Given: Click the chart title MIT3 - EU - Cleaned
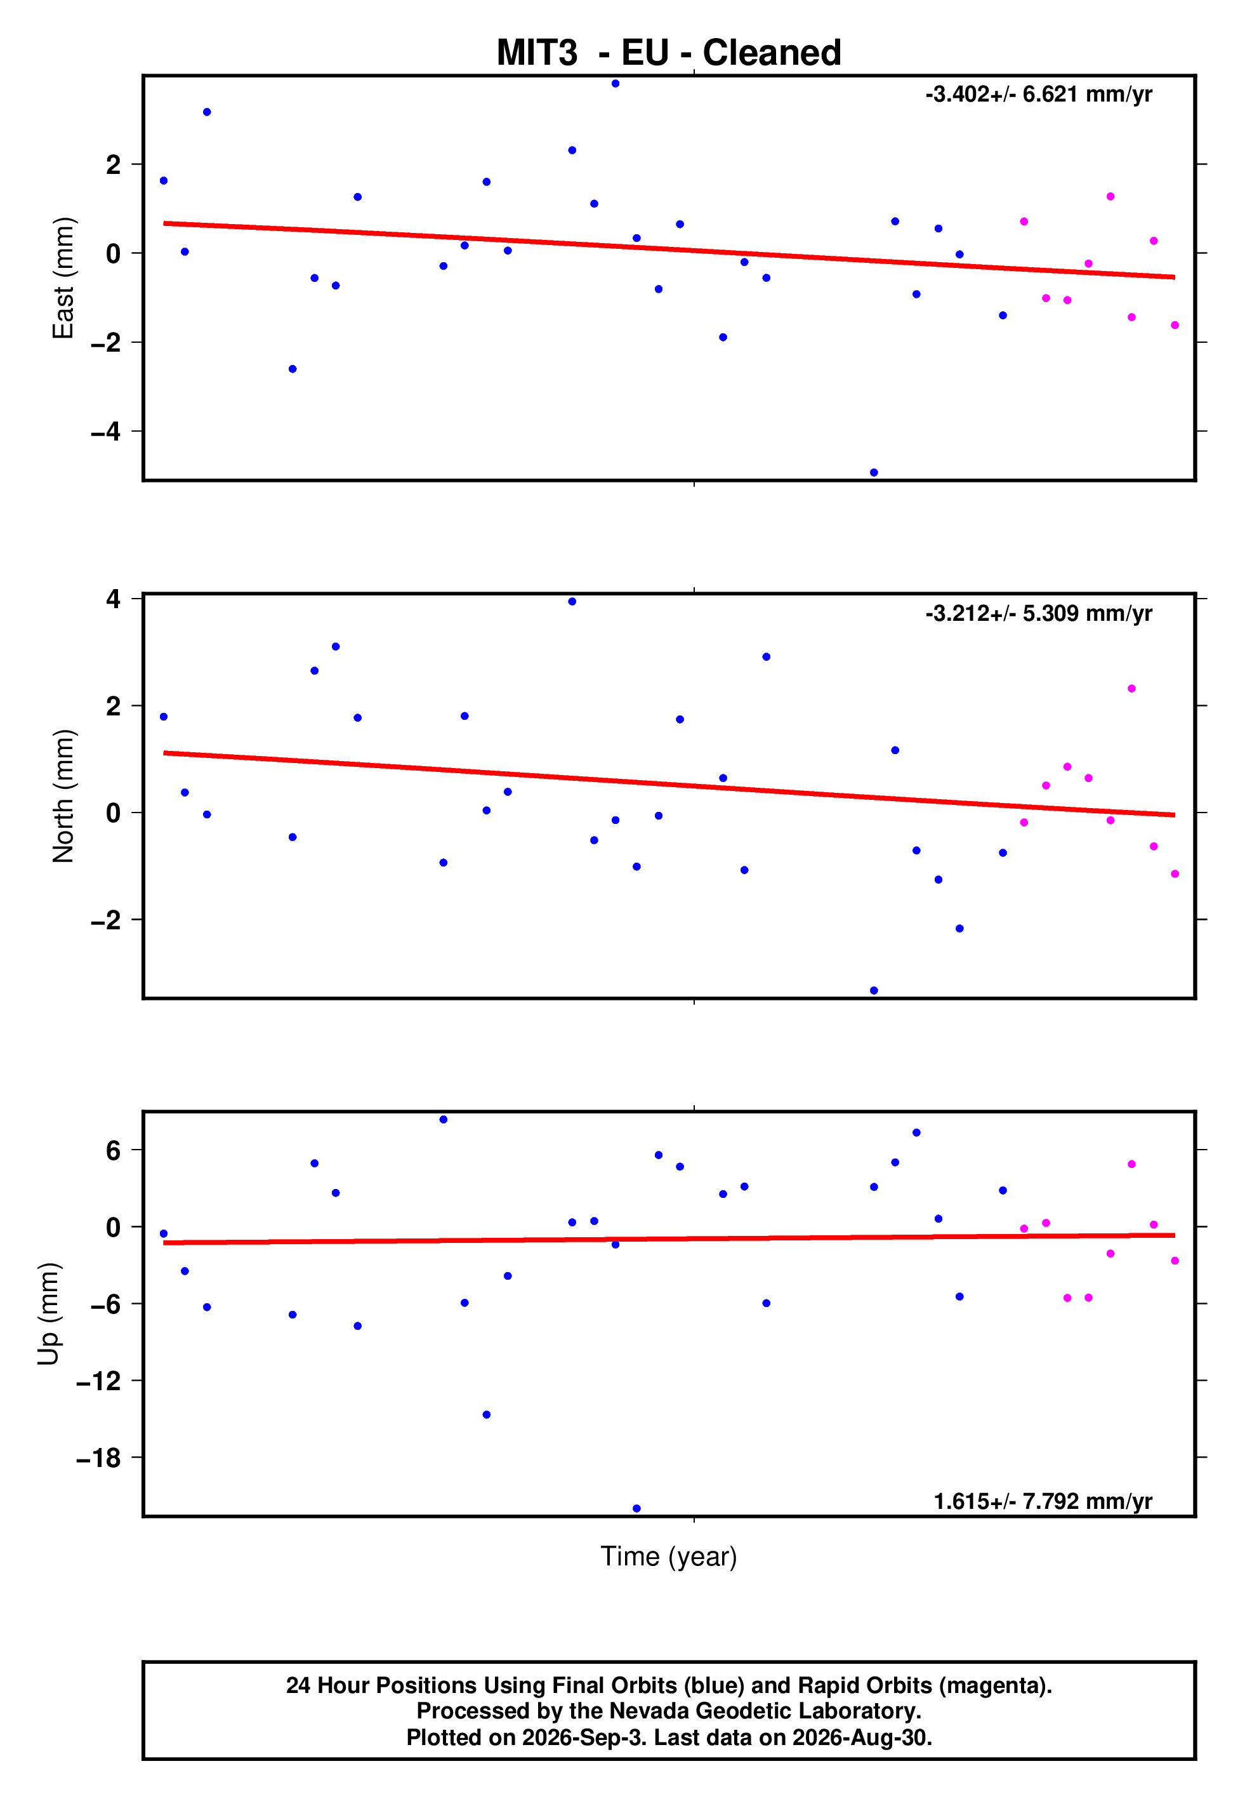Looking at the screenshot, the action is click(669, 53).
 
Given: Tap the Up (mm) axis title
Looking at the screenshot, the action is click(48, 1314).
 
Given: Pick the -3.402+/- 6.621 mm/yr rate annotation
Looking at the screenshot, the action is click(1038, 95).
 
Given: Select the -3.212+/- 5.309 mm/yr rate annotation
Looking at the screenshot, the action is click(1038, 613).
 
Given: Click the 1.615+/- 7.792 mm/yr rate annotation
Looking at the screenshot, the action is click(1043, 1501).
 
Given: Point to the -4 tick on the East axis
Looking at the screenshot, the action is click(106, 432).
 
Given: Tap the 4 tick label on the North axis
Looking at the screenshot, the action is click(114, 599).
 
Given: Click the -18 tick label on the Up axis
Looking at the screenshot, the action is click(99, 1457).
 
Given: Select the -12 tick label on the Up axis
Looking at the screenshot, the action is click(99, 1380).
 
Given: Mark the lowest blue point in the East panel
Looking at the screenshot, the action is click(874, 473).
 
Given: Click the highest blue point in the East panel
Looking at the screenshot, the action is click(616, 83).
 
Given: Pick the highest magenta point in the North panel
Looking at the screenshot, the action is click(1132, 689).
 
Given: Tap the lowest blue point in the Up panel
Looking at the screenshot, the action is click(636, 1508).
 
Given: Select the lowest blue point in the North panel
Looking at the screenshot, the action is click(874, 991).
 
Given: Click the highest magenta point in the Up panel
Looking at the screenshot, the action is click(1132, 1164).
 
